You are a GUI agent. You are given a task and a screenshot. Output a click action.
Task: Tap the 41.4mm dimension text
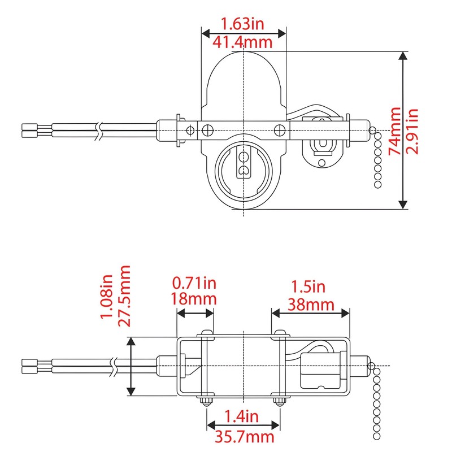pos(243,42)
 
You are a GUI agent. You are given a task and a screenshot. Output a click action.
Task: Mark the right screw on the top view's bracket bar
pos(279,129)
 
